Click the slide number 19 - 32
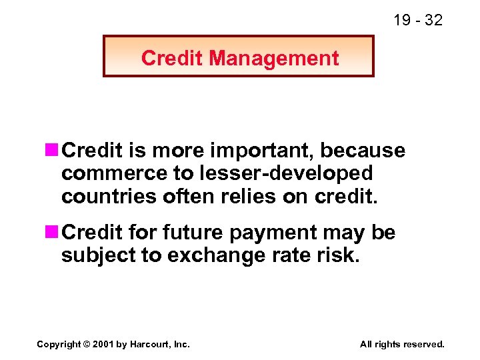click(x=417, y=20)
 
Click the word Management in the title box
click(x=274, y=59)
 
